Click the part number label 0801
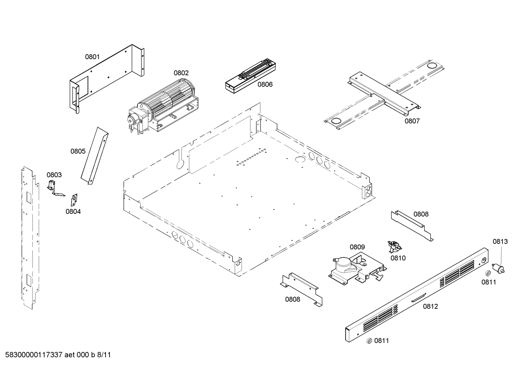pos(92,57)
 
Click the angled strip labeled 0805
pos(94,156)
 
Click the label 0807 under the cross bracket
pos(412,121)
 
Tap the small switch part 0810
pos(394,246)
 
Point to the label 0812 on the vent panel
pos(430,306)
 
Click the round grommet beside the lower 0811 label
pos(369,341)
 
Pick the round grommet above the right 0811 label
pos(487,274)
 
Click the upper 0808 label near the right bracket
pos(421,214)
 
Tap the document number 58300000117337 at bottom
pos(34,355)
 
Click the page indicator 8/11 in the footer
pos(104,355)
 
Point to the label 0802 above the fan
pos(181,73)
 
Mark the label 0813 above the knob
pos(500,241)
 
